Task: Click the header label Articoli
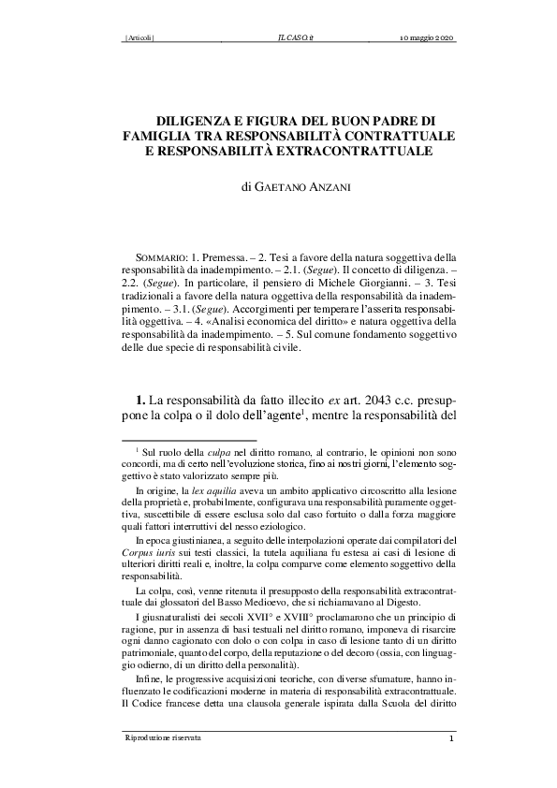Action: tap(139, 37)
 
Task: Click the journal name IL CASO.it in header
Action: tap(296, 37)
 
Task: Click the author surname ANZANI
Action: tap(299, 187)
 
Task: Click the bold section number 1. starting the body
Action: tap(142, 401)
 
